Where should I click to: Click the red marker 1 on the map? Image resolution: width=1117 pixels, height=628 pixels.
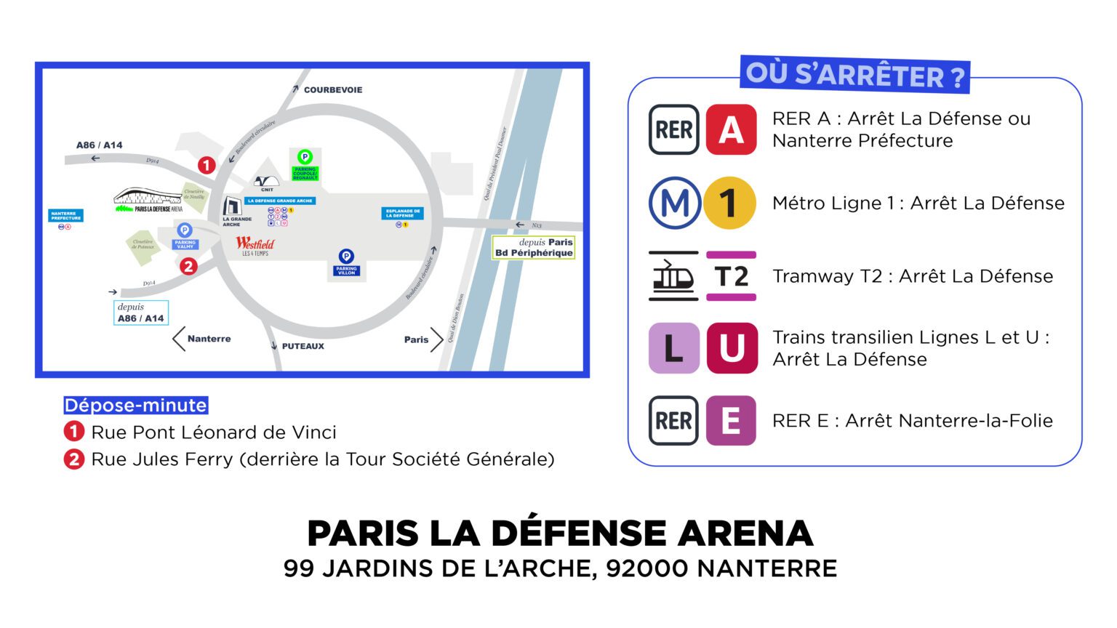click(x=207, y=166)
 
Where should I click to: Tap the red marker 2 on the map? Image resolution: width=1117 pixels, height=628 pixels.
click(x=188, y=266)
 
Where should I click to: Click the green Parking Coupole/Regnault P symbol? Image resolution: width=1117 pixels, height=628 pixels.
click(x=305, y=156)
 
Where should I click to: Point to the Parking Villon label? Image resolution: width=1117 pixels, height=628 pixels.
click(x=346, y=271)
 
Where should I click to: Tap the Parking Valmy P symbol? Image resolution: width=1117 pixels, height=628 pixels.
click(x=185, y=230)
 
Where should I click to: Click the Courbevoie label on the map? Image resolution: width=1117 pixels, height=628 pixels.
click(x=332, y=90)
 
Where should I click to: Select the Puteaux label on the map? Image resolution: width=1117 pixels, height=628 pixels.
click(x=303, y=346)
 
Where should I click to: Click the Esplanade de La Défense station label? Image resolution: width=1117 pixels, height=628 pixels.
click(x=402, y=213)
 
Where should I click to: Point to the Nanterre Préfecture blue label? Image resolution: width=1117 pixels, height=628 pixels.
click(x=66, y=216)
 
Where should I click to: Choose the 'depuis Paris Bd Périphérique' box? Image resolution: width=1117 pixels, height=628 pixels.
click(x=534, y=248)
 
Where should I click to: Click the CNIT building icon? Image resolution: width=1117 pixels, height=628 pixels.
click(x=266, y=182)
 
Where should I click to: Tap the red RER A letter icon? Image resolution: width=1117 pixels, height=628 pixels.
click(x=731, y=130)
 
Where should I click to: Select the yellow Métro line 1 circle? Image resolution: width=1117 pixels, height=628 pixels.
click(x=729, y=204)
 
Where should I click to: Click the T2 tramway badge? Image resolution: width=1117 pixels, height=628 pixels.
click(x=731, y=276)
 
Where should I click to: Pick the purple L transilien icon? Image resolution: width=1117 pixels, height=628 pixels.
click(x=673, y=348)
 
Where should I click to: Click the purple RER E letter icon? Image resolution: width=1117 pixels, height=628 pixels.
click(x=731, y=421)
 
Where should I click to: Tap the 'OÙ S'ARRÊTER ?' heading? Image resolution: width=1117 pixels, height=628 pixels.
click(x=855, y=75)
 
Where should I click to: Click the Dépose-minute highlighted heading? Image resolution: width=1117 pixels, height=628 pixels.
click(x=135, y=406)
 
